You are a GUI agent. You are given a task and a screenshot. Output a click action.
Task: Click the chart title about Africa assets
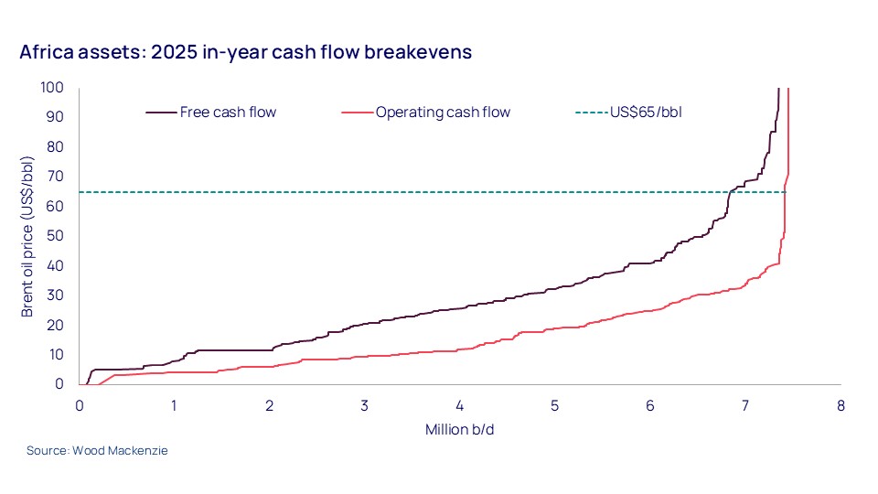tap(245, 52)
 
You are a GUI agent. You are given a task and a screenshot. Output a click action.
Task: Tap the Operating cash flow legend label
tap(443, 113)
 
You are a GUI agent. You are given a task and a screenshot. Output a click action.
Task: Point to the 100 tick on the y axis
tap(52, 87)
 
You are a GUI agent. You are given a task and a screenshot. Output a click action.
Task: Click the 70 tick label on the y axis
tap(56, 177)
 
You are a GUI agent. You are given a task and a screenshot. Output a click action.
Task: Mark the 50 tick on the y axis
tap(56, 236)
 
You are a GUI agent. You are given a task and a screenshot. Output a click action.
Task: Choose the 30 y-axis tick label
tap(56, 295)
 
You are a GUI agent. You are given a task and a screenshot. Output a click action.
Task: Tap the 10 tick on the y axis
tap(56, 355)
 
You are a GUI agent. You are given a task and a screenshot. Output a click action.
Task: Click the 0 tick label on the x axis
tap(80, 405)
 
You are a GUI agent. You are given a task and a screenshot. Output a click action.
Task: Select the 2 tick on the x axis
tap(270, 405)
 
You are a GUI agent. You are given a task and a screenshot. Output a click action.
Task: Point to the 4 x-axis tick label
tap(460, 405)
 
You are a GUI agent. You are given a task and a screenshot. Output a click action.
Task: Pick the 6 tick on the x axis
tap(650, 405)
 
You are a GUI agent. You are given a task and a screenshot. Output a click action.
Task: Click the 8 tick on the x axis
tap(841, 405)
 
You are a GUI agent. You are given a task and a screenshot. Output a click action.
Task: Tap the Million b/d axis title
tap(459, 429)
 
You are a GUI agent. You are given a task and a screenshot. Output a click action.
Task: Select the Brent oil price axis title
tap(28, 236)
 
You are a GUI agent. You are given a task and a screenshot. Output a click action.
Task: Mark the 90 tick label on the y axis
tap(56, 117)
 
